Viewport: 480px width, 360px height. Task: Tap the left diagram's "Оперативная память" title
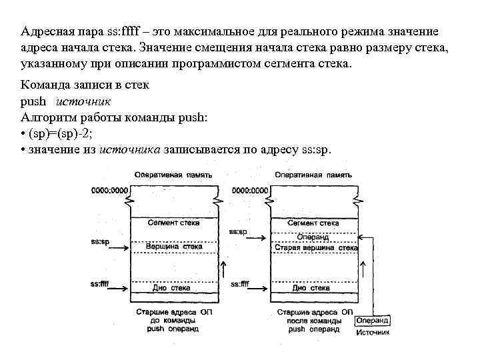tap(173, 175)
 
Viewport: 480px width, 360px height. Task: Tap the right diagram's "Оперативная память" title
tap(313, 175)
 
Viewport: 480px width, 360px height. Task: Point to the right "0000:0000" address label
tap(250, 191)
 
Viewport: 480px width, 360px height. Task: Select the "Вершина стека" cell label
tap(173, 247)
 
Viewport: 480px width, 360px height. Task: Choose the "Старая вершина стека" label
tap(316, 247)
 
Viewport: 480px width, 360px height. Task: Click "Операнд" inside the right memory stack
tap(313, 237)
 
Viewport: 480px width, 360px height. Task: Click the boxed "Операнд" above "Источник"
tap(373, 321)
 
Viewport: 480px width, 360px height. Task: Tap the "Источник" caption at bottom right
tap(373, 332)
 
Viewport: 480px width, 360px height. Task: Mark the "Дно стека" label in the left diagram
tap(171, 288)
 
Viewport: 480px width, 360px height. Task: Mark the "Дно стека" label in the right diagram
tap(311, 288)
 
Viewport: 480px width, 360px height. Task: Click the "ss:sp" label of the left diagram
tap(100, 241)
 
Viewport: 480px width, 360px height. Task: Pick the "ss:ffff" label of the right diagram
tap(240, 284)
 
